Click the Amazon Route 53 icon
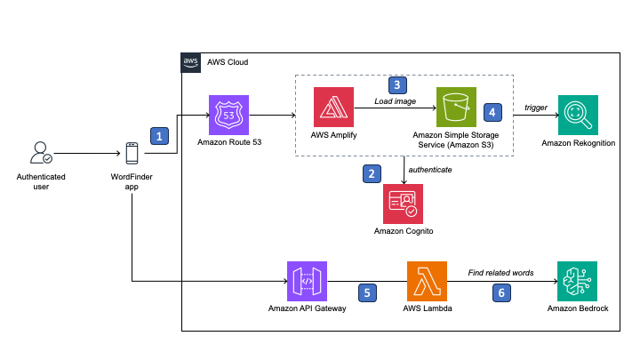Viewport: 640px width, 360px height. point(229,116)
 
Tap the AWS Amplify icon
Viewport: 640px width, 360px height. point(334,108)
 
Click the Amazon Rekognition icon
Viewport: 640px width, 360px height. point(578,116)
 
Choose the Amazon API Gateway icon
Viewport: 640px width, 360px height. point(308,282)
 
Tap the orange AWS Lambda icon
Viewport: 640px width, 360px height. point(427,282)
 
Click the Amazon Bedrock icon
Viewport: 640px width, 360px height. point(578,282)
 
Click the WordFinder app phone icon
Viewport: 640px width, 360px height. point(132,154)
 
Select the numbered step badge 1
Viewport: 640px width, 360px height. point(159,136)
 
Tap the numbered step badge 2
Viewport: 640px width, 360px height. point(372,173)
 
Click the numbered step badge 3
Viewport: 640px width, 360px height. point(397,85)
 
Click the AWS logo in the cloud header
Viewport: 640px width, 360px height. point(191,62)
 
